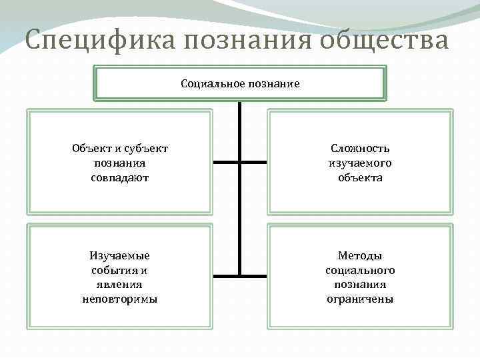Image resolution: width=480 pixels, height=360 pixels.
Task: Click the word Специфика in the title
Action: [x=99, y=41]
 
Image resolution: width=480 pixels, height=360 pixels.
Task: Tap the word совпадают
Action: [x=120, y=178]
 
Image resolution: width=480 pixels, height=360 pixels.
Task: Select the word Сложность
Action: [x=360, y=148]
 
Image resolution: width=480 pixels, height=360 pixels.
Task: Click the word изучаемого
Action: [x=360, y=163]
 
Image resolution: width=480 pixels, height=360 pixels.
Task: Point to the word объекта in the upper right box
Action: [x=360, y=178]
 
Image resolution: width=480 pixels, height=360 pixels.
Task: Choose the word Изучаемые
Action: [x=120, y=255]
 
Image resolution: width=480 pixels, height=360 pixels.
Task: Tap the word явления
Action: [x=120, y=285]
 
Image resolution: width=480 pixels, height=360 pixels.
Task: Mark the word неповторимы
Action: [x=120, y=299]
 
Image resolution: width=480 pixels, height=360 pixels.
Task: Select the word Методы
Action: [x=360, y=255]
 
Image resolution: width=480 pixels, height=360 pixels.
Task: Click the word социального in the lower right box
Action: [x=360, y=270]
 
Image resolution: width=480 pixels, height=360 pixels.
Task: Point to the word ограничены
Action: [x=360, y=299]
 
